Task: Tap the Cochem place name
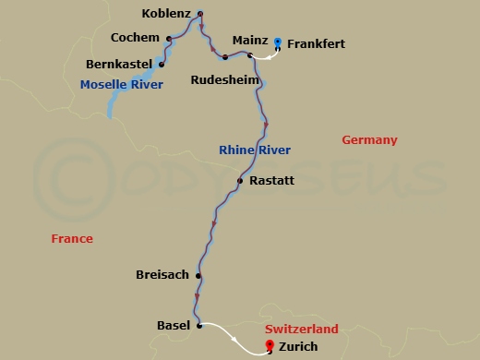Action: tap(136, 40)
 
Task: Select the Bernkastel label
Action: tap(117, 65)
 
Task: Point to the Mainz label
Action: tap(250, 42)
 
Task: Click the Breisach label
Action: tap(162, 275)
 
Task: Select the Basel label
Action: tap(174, 326)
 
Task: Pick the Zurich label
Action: tap(297, 347)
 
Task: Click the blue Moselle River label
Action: tap(121, 85)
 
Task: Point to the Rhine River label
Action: tap(255, 150)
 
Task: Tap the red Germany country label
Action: tap(369, 140)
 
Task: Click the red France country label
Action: tap(72, 239)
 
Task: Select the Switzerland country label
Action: tap(301, 330)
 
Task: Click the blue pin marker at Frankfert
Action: tap(278, 42)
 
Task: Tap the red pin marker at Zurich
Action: tap(269, 345)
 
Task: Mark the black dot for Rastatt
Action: tap(239, 181)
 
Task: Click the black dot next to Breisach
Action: tap(198, 275)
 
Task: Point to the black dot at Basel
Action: tap(199, 325)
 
